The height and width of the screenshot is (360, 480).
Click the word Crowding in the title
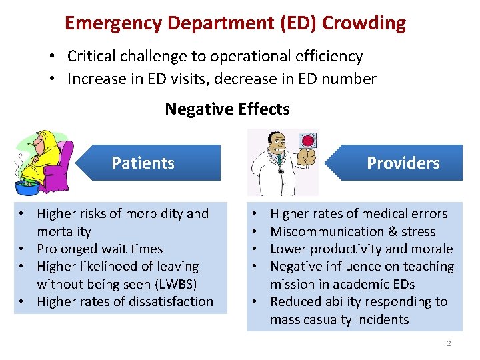[x=363, y=23]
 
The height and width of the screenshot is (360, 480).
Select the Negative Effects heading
[x=227, y=109]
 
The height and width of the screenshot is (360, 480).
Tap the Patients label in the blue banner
[x=143, y=163]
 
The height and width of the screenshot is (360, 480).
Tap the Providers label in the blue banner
[x=403, y=163]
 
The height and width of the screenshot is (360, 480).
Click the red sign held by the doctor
[x=307, y=141]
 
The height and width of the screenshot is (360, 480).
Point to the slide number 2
[x=449, y=343]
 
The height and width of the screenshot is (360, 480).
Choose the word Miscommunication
[x=325, y=231]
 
